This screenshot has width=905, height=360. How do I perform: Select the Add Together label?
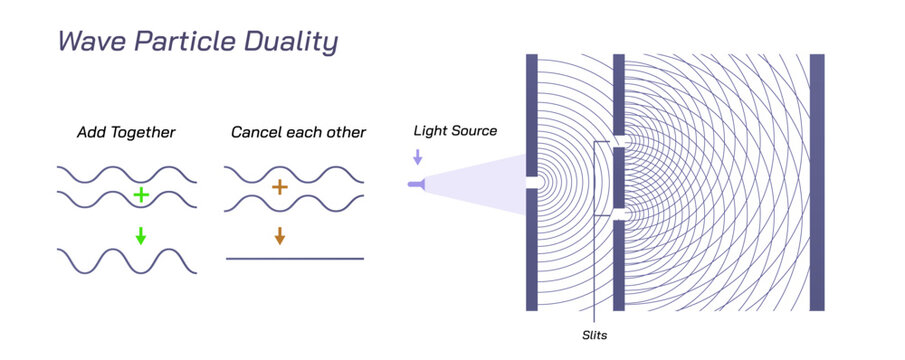pyautogui.click(x=127, y=132)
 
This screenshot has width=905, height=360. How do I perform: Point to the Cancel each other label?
pyautogui.click(x=298, y=132)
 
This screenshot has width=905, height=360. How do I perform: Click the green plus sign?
pyautogui.click(x=141, y=195)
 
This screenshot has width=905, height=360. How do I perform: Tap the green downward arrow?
pyautogui.click(x=141, y=236)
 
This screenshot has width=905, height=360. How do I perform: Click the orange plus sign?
pyautogui.click(x=279, y=187)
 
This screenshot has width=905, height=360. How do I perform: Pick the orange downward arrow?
pyautogui.click(x=279, y=236)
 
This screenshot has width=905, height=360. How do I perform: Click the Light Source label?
pyautogui.click(x=455, y=131)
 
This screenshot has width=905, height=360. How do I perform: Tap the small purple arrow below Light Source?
pyautogui.click(x=418, y=157)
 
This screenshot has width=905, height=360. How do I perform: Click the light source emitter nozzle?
pyautogui.click(x=415, y=184)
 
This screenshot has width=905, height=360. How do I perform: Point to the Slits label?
pyautogui.click(x=593, y=335)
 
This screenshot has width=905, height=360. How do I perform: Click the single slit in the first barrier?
pyautogui.click(x=531, y=184)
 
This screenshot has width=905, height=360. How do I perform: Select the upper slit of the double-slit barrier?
pyautogui.click(x=619, y=141)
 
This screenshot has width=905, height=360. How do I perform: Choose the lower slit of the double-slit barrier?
pyautogui.click(x=619, y=214)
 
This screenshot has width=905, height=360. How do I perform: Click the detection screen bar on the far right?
pyautogui.click(x=817, y=182)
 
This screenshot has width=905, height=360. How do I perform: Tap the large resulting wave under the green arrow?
pyautogui.click(x=127, y=260)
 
